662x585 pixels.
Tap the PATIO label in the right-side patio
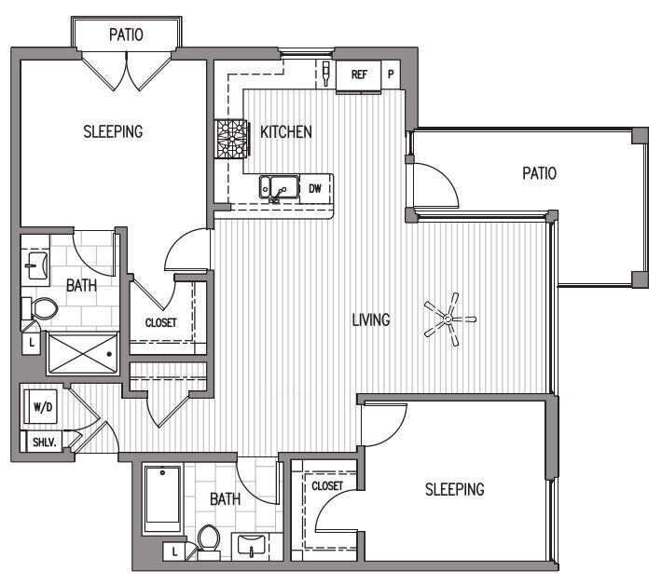click(539, 172)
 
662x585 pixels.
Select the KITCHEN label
click(285, 132)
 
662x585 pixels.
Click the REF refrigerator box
click(358, 75)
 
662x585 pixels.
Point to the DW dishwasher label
click(315, 188)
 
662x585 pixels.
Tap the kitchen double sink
click(278, 188)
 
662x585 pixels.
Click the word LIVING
click(370, 320)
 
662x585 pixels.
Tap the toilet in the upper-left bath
click(41, 308)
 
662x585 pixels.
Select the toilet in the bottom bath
click(208, 539)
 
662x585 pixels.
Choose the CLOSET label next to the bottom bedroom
click(326, 485)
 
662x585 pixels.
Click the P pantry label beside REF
click(391, 75)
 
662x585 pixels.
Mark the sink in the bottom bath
click(253, 545)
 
